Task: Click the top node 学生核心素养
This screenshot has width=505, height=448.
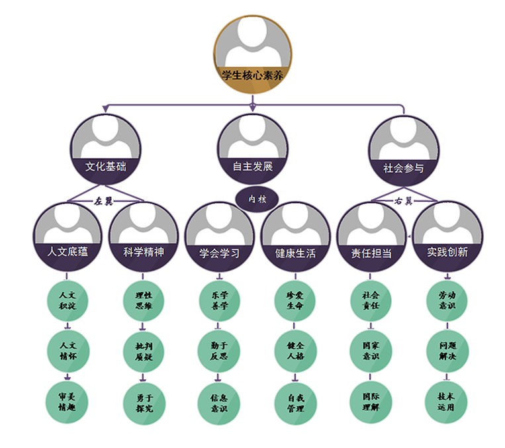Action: pos(253,56)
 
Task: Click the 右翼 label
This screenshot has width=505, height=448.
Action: pos(403,199)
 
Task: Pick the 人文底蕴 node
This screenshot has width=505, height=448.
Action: pos(68,236)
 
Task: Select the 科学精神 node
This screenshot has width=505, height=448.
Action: pos(144,236)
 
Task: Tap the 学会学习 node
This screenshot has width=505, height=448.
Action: pos(220,236)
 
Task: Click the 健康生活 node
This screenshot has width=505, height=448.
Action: pos(296,236)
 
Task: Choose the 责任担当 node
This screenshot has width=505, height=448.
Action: pos(371,236)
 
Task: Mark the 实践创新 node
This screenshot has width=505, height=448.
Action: pos(447,236)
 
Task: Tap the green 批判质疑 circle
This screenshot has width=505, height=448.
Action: pos(144,351)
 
